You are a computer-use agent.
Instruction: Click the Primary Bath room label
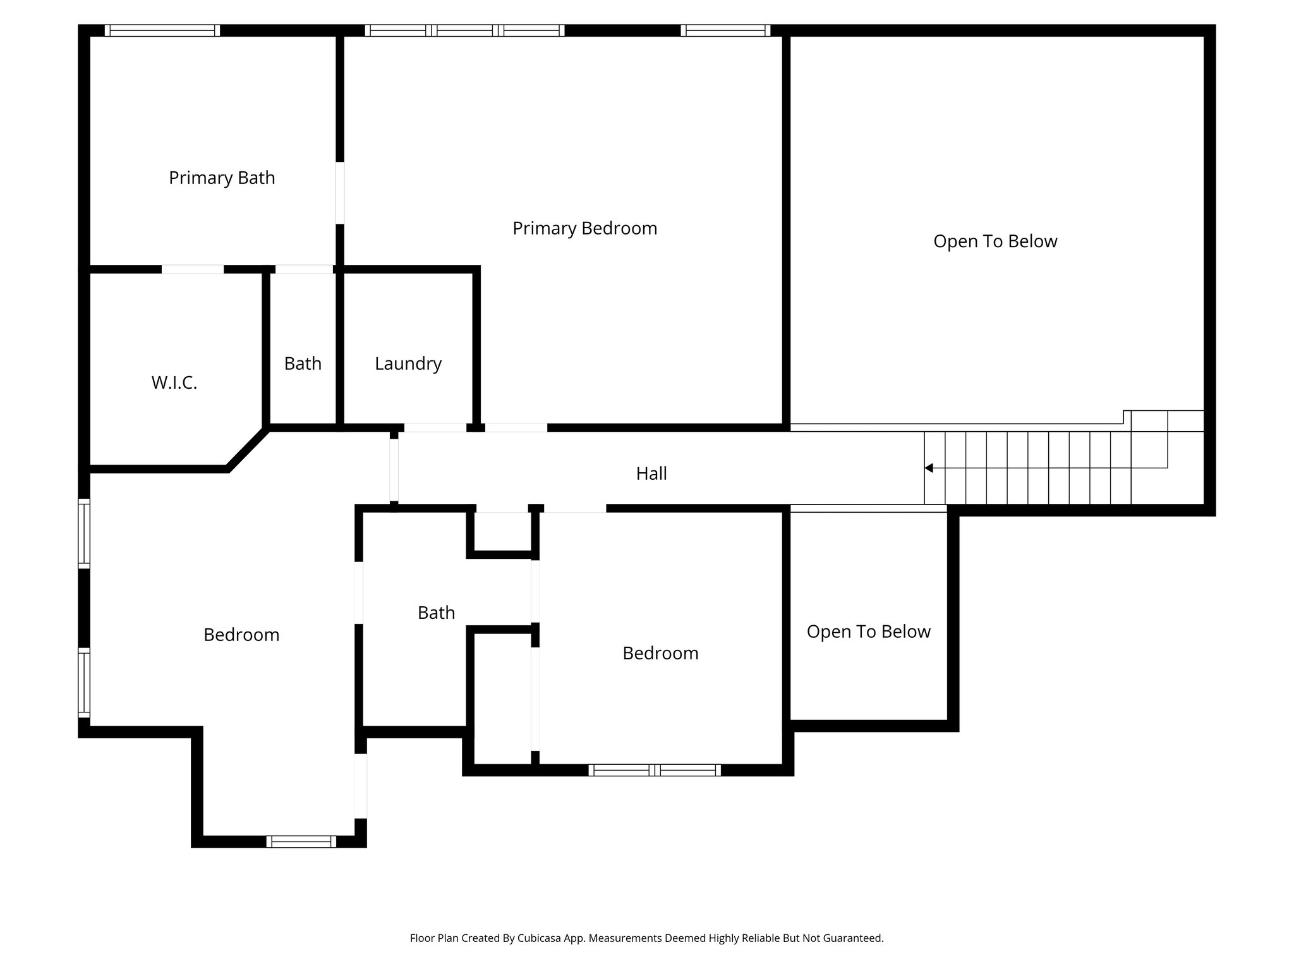[x=222, y=178]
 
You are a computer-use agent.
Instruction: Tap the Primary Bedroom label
[x=584, y=228]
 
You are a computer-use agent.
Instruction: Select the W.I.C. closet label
[x=174, y=382]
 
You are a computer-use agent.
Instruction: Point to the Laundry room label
[x=408, y=363]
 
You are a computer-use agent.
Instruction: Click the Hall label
[x=651, y=473]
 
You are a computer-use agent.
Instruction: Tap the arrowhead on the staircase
[x=929, y=468]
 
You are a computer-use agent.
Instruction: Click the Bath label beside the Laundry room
[x=303, y=363]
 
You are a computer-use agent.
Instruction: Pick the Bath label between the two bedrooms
[x=436, y=613]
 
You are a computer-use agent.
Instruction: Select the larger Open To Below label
[x=995, y=241]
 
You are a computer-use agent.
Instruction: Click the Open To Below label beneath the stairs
[x=868, y=632]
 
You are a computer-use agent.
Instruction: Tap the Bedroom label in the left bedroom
[x=241, y=635]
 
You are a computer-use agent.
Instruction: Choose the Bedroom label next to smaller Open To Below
[x=660, y=653]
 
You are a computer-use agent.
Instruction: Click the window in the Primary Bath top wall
[x=162, y=30]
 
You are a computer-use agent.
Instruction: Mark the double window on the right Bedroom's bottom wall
[x=655, y=770]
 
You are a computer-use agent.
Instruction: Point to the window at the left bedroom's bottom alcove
[x=301, y=841]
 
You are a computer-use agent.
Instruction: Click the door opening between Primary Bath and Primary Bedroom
[x=340, y=193]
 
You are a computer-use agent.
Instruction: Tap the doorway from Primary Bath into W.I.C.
[x=193, y=269]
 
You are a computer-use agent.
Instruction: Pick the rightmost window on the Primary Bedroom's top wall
[x=725, y=30]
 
